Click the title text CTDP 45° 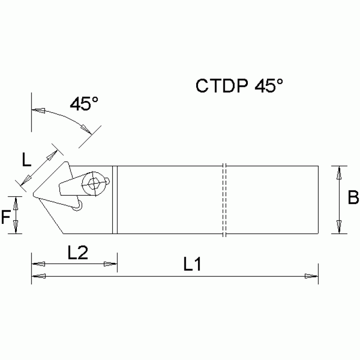239,86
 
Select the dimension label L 27,161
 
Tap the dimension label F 6,216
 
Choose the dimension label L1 192,265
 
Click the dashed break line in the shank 224,200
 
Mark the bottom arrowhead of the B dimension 338,227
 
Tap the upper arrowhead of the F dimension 16,203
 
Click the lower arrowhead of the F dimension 16,228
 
